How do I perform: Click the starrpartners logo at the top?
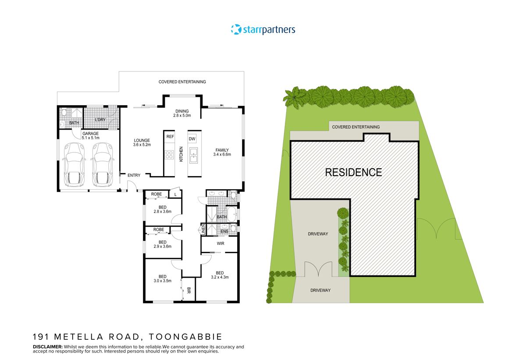click(263, 30)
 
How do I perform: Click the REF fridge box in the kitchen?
click(170, 137)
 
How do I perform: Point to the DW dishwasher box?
click(192, 139)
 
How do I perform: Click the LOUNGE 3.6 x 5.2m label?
click(142, 143)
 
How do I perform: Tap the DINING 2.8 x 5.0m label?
click(182, 113)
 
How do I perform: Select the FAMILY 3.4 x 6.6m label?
click(221, 152)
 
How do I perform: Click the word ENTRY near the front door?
click(134, 176)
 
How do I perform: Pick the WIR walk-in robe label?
click(220, 243)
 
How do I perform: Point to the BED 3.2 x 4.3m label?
click(220, 275)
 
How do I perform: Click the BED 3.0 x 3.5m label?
click(163, 279)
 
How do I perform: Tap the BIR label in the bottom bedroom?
click(188, 290)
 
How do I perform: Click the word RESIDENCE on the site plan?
click(353, 172)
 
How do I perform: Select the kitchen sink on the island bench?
click(193, 154)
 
